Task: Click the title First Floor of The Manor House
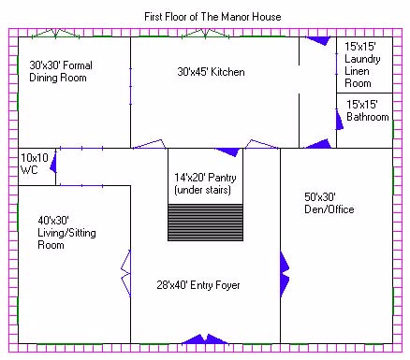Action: click(x=212, y=17)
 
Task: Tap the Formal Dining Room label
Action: click(x=61, y=71)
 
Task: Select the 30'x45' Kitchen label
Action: click(x=211, y=72)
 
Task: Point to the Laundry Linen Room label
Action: click(x=362, y=65)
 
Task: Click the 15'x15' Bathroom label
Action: click(x=368, y=110)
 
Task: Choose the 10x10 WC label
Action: click(x=35, y=164)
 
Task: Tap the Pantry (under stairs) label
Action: click(x=205, y=184)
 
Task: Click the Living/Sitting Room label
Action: click(x=66, y=233)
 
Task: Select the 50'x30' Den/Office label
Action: click(x=329, y=203)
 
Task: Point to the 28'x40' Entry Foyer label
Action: click(x=198, y=285)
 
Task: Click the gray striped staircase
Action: click(x=205, y=223)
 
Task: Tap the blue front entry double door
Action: click(x=205, y=339)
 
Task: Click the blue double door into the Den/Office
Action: click(x=285, y=274)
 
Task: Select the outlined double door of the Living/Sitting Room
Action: click(x=125, y=273)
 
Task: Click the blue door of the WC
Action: click(x=53, y=162)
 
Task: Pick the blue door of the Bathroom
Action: click(x=339, y=119)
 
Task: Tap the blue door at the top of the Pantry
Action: click(x=227, y=151)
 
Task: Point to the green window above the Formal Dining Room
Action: click(x=55, y=34)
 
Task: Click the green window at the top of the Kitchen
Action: click(x=205, y=34)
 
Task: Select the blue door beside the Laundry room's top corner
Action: click(x=318, y=40)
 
